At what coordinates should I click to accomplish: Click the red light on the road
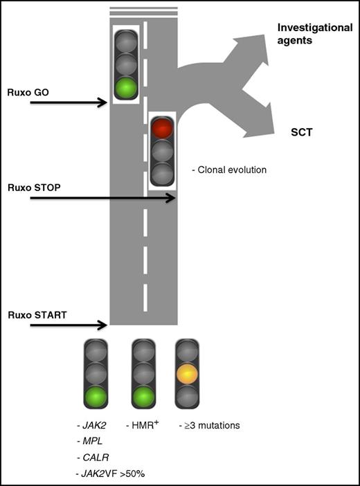coord(162,128)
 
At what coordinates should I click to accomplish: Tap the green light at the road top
coord(126,89)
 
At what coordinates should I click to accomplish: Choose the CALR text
coord(95,456)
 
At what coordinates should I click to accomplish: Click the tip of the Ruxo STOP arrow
coord(175,198)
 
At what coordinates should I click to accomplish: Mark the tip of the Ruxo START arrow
coord(107,325)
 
